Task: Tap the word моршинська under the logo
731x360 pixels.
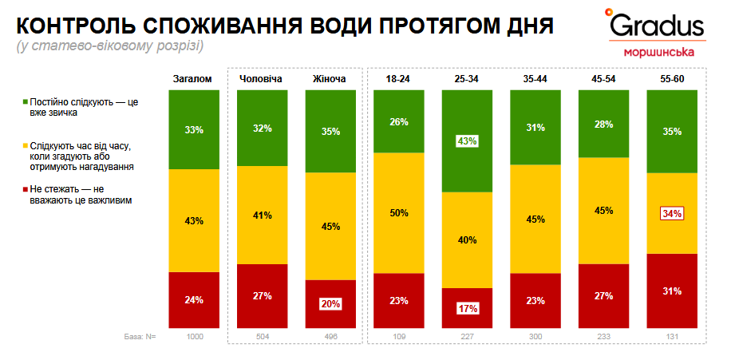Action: [658, 53]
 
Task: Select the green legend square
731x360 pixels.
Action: [26, 103]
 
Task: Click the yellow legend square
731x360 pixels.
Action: [26, 145]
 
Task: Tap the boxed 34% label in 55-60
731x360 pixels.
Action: [671, 213]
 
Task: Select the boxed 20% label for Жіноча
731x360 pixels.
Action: [330, 303]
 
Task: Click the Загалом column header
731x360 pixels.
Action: [193, 79]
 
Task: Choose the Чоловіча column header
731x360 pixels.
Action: [262, 79]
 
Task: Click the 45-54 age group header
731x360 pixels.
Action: [603, 79]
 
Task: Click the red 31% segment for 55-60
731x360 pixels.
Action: [671, 291]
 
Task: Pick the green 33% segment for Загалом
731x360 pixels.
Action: [193, 129]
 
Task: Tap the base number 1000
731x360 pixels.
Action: [193, 337]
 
